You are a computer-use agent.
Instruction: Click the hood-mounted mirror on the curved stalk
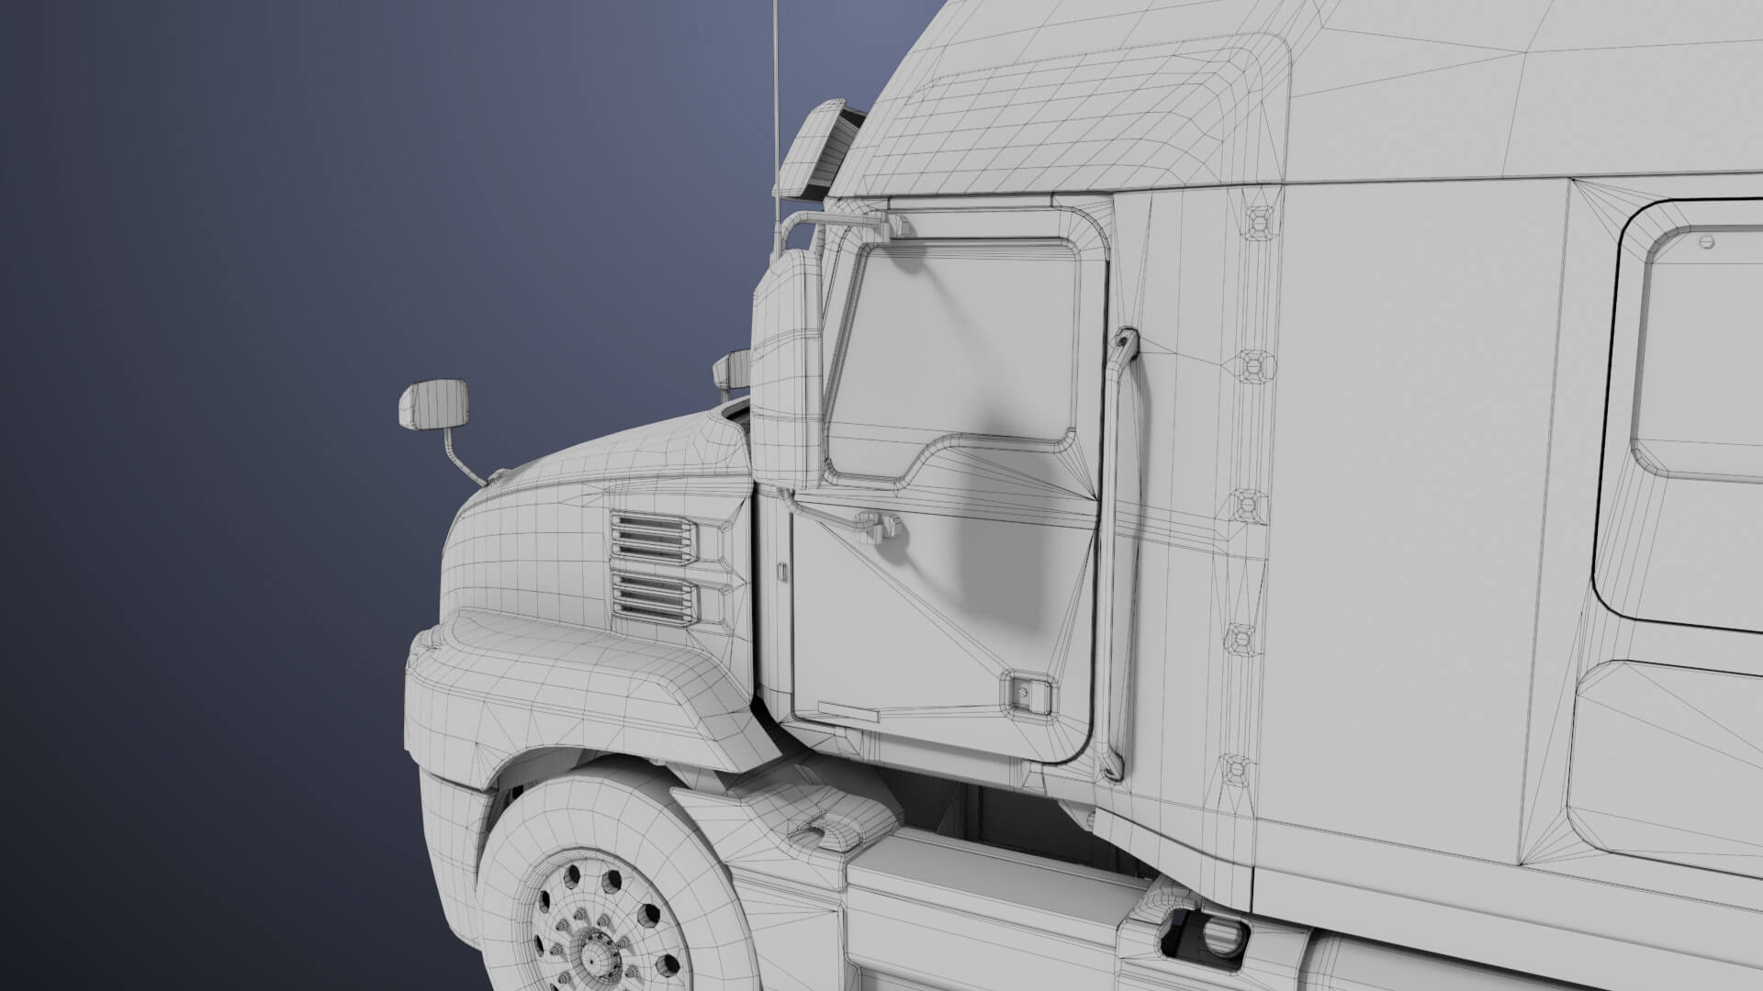[x=433, y=405]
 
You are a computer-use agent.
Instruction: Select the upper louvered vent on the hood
[x=653, y=539]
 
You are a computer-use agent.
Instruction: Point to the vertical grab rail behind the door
[x=1120, y=551]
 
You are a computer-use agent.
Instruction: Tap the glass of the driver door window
[x=955, y=349]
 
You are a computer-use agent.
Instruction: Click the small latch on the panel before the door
[x=780, y=571]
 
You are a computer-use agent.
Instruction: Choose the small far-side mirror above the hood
[x=733, y=369]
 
